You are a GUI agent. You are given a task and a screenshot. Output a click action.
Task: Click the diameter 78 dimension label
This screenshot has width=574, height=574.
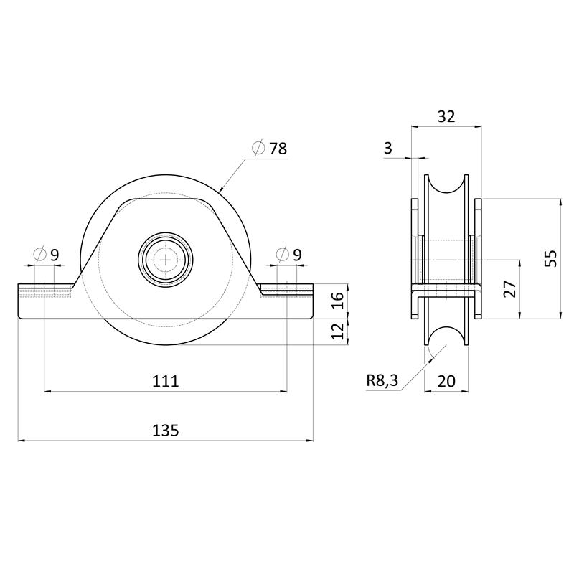[270, 149]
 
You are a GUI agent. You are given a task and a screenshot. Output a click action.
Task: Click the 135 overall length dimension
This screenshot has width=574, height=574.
[165, 430]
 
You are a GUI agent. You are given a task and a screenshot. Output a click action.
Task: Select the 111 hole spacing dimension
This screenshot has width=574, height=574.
[165, 381]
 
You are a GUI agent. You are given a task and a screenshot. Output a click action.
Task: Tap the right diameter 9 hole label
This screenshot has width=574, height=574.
[289, 254]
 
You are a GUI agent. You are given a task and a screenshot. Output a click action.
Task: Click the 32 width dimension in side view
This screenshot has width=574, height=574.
[446, 117]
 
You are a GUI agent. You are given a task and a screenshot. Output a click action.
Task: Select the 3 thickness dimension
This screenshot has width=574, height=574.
[388, 149]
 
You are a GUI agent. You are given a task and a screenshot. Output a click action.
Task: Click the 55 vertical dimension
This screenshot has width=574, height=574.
[550, 258]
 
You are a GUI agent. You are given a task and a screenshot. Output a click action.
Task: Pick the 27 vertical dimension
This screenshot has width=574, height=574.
[510, 288]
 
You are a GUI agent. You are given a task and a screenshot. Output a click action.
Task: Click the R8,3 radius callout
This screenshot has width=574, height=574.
[382, 380]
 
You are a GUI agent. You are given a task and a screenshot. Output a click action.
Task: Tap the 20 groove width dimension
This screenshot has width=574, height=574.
[446, 381]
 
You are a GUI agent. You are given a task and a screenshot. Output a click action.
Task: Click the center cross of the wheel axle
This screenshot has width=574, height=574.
[166, 260]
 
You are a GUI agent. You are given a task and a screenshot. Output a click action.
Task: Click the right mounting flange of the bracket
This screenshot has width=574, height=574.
[287, 301]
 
